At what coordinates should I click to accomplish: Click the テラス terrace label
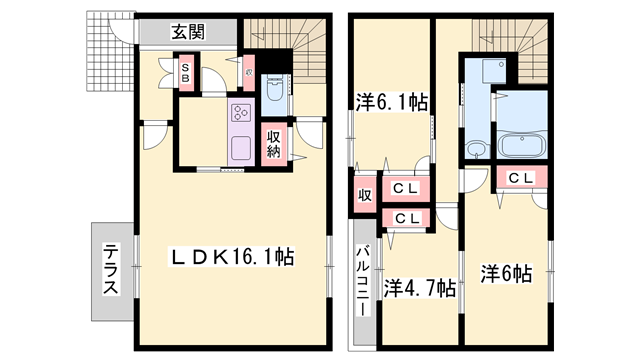click(110, 271)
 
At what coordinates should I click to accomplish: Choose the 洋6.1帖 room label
click(393, 101)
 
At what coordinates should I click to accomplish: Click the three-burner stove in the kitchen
click(242, 115)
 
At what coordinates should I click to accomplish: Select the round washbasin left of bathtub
click(476, 150)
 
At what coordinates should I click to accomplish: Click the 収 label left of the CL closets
click(365, 195)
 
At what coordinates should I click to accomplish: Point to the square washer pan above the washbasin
click(491, 71)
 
